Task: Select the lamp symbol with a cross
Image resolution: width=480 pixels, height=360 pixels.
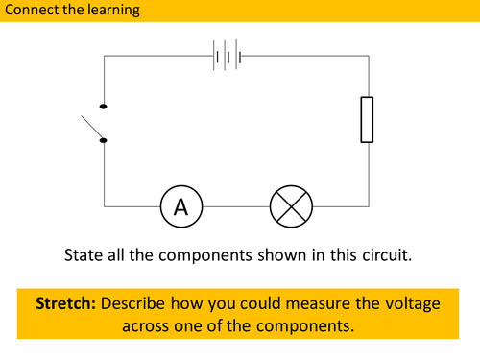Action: [x=287, y=204]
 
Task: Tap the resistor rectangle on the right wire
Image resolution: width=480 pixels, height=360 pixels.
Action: [x=366, y=119]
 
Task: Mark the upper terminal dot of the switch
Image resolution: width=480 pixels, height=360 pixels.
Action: [x=104, y=107]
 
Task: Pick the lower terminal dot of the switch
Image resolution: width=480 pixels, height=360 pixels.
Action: [x=104, y=140]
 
